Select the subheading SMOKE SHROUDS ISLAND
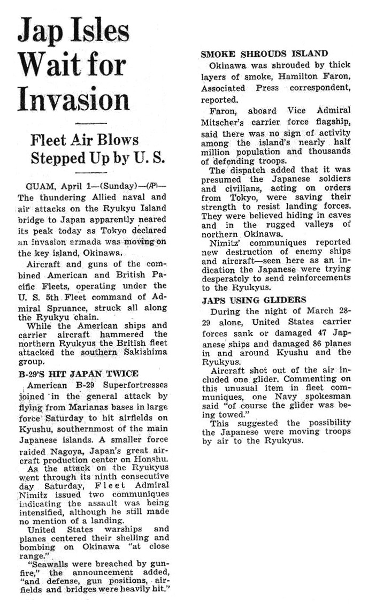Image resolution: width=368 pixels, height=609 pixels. pyautogui.click(x=264, y=54)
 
